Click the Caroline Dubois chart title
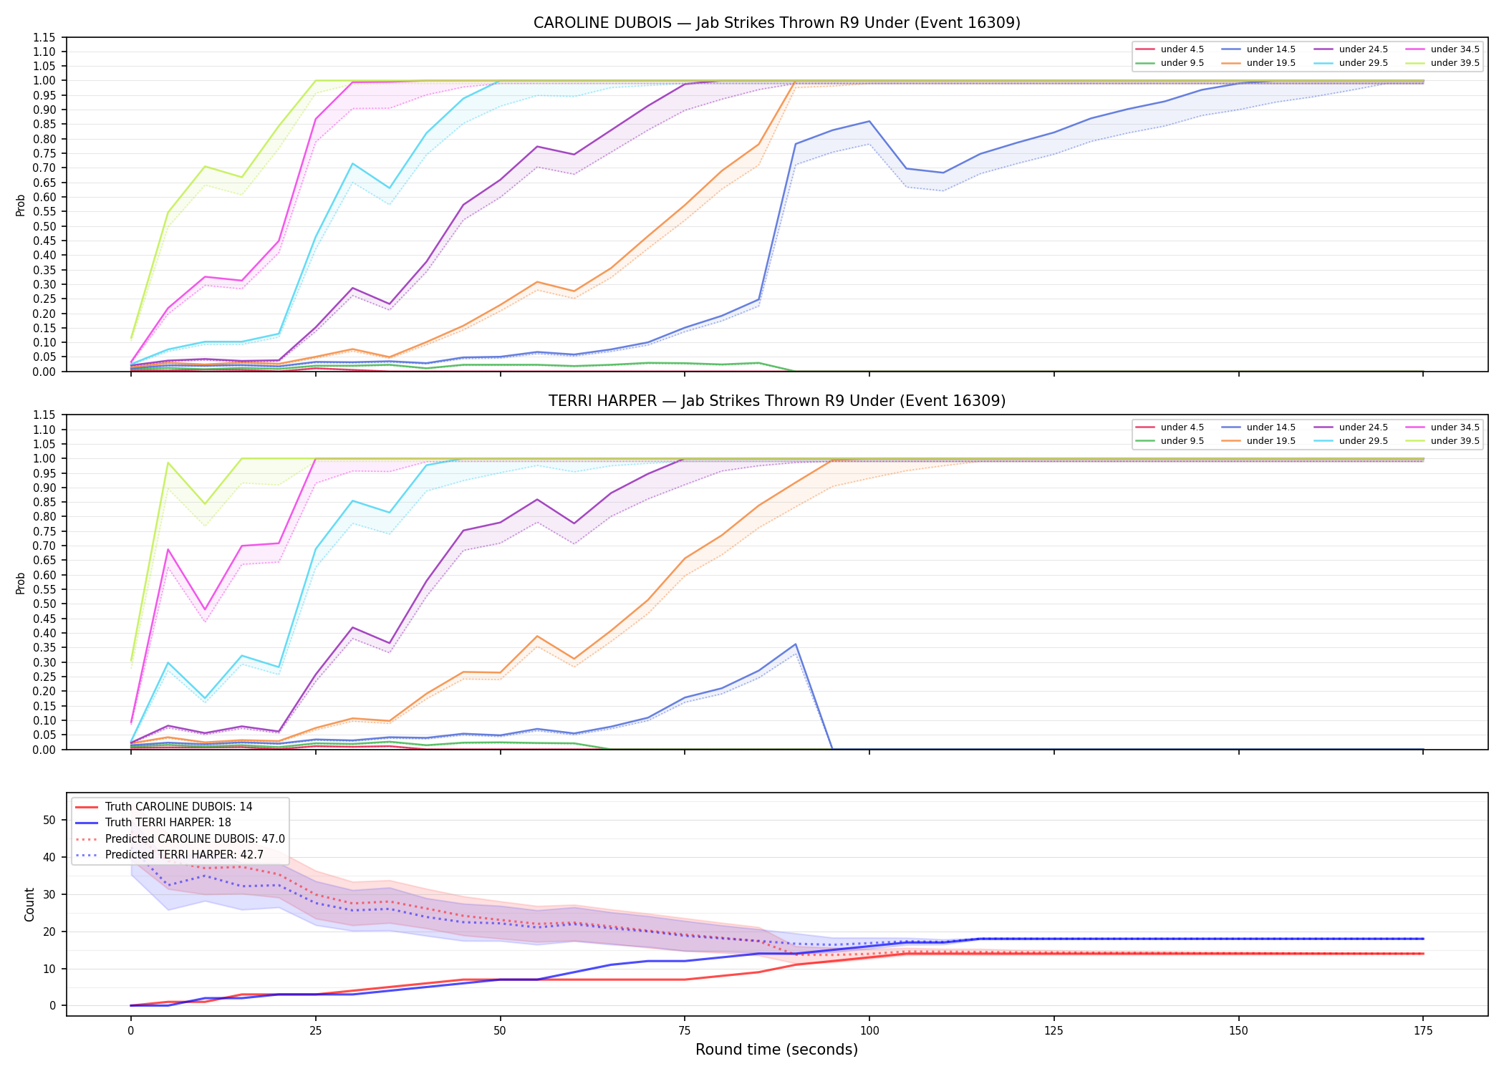point(777,23)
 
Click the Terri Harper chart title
point(777,401)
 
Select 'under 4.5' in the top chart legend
point(1182,49)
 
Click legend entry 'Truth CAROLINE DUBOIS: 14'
point(178,807)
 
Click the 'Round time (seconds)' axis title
point(776,1050)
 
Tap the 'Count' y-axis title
point(29,904)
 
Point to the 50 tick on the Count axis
point(49,821)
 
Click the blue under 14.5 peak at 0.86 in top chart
point(869,121)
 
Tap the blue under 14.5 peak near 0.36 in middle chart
point(796,644)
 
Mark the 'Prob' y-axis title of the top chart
point(21,205)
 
